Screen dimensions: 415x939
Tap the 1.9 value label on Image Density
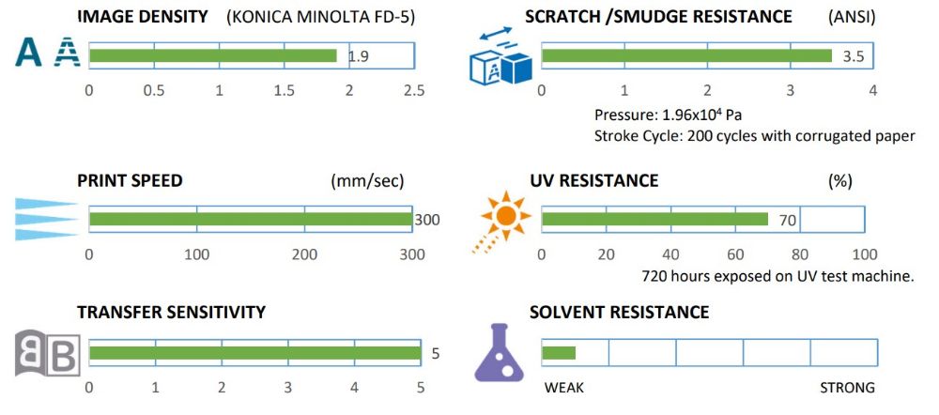(x=358, y=56)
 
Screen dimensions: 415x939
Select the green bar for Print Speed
(x=250, y=220)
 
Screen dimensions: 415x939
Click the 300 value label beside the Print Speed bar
(x=426, y=221)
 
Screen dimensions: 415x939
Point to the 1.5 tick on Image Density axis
(x=284, y=90)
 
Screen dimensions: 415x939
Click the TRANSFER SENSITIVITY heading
(x=171, y=312)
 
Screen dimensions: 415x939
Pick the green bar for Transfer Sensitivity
(x=254, y=353)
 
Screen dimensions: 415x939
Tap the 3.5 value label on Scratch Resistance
(x=853, y=56)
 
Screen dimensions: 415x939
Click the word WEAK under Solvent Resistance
(x=564, y=388)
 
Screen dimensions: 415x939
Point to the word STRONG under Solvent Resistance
(x=847, y=388)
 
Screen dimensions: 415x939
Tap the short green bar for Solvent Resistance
(x=559, y=353)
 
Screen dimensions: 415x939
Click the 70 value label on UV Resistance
(x=787, y=221)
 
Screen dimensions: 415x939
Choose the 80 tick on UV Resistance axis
(x=800, y=254)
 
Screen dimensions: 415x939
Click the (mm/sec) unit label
(x=362, y=181)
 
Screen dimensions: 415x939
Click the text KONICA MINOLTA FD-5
(x=321, y=17)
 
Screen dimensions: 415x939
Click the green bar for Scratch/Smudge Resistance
(x=686, y=55)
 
